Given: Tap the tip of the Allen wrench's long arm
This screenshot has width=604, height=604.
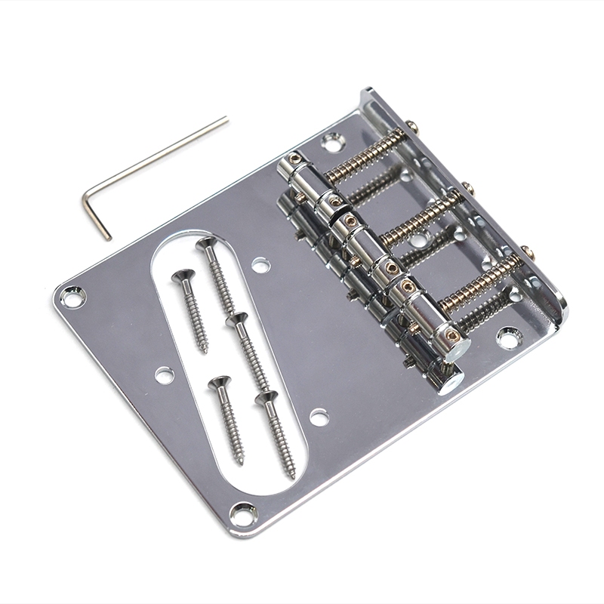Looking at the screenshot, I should (x=225, y=119).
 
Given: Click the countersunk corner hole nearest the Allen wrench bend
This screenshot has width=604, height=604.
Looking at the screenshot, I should (x=72, y=296).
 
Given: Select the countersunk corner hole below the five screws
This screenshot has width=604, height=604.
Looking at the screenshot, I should (x=243, y=514).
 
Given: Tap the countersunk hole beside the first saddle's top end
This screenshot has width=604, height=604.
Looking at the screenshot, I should (x=331, y=140).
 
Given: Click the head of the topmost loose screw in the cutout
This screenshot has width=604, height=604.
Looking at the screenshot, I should (x=205, y=243).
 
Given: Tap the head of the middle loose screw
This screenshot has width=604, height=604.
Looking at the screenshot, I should (x=236, y=319).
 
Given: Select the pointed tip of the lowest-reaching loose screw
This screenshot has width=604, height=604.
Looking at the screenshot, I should (x=292, y=476).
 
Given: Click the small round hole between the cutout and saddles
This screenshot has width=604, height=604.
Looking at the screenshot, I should (x=260, y=265).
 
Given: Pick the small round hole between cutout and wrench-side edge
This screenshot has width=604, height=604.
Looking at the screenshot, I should (x=164, y=374).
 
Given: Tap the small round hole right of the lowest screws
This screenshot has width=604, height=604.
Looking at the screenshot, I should (x=319, y=416).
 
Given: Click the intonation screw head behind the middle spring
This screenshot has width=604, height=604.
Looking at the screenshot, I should (x=468, y=186).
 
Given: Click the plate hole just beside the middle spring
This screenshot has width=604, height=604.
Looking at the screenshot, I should (x=418, y=243).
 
